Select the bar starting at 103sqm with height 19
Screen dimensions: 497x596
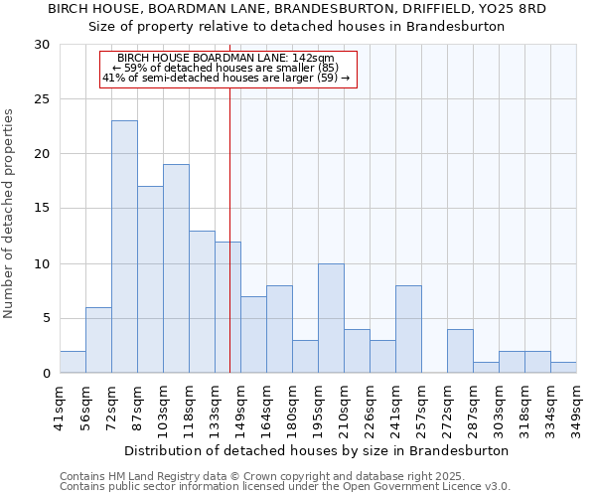coord(176,268)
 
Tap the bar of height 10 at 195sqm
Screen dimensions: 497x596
coord(331,318)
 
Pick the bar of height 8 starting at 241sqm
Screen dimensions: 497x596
coord(408,329)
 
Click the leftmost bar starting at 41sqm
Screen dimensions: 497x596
coord(73,362)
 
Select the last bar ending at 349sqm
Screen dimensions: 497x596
coord(563,368)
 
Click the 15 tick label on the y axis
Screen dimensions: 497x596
coord(42,209)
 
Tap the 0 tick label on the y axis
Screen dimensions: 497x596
coord(46,374)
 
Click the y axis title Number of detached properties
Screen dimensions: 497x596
coord(11,214)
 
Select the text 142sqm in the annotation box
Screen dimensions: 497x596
coord(313,59)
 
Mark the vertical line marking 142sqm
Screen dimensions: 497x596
coord(229,248)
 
